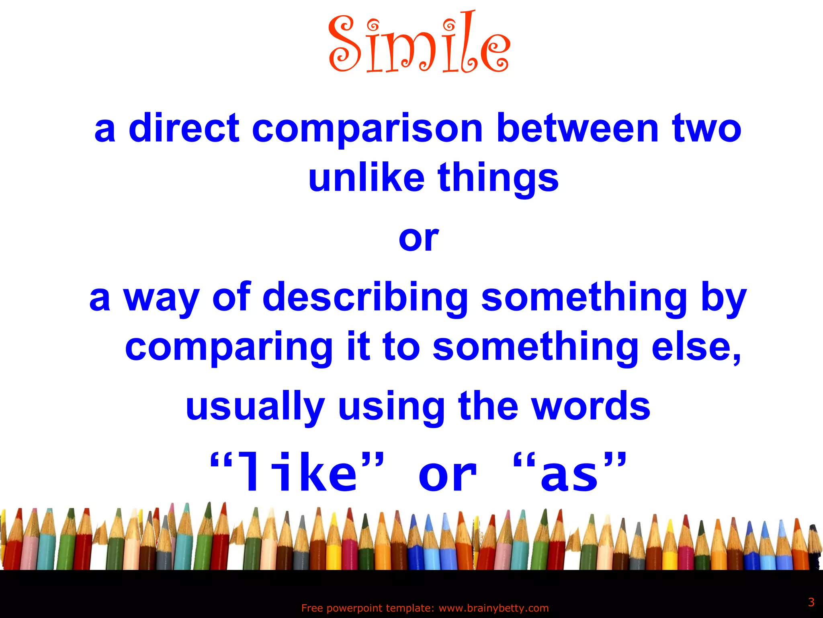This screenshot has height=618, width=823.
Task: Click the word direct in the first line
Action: click(184, 128)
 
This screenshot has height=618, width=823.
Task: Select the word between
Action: click(577, 128)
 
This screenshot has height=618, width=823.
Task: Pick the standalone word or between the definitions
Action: click(418, 238)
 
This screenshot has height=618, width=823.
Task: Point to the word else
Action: click(696, 347)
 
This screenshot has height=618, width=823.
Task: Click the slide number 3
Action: click(811, 602)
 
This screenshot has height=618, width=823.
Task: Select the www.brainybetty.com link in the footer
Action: click(493, 608)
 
